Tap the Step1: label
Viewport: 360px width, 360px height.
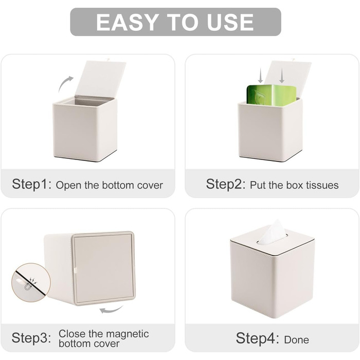point(32,184)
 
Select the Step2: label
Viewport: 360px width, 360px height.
point(226,184)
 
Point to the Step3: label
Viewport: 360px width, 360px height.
point(31,338)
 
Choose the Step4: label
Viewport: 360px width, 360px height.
point(257,338)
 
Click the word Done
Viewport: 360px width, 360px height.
point(296,340)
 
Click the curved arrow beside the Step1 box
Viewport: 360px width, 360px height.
point(65,84)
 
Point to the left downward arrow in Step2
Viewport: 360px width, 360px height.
point(260,76)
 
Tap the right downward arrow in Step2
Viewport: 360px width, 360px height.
point(282,76)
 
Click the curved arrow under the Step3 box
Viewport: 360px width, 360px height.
point(111,310)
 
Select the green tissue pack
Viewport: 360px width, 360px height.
point(272,95)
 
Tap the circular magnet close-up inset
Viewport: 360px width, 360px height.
point(31,282)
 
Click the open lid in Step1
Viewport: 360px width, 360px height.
point(101,78)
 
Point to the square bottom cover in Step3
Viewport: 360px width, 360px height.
point(103,268)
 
